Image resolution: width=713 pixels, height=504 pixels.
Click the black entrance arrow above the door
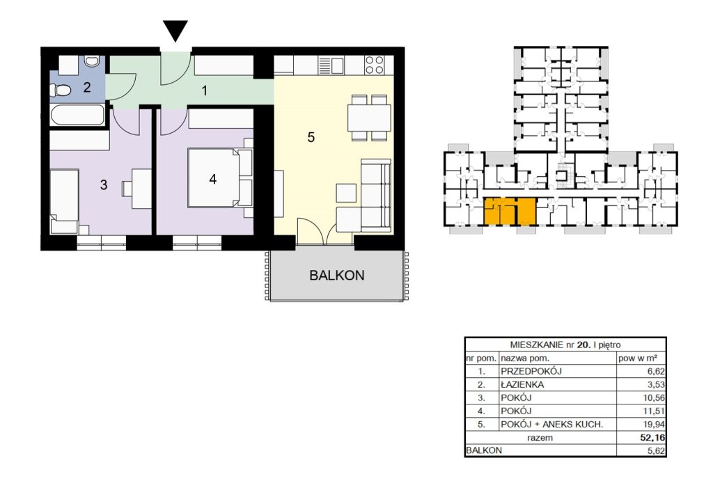coord(175,31)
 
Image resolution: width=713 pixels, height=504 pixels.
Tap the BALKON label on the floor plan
coord(337,276)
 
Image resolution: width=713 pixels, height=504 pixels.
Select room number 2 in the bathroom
coord(87,87)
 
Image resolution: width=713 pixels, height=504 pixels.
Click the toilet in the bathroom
coord(62,91)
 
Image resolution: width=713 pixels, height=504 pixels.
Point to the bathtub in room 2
coord(77,115)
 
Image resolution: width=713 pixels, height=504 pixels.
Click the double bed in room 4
coord(220,178)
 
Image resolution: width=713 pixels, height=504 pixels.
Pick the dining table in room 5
coord(369,118)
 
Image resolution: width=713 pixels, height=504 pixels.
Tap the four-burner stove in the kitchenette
coord(374,64)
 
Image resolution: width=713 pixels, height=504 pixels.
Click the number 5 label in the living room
coord(311,137)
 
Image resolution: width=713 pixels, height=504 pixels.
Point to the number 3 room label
coord(104,184)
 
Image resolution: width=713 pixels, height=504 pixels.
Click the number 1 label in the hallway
coord(205,91)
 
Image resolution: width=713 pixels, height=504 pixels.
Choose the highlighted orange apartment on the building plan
coord(510,212)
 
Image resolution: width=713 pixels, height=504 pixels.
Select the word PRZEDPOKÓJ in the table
coord(531,371)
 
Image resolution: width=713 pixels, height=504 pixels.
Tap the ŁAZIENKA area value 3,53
coord(656,384)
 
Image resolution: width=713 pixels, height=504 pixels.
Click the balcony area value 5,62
coord(656,451)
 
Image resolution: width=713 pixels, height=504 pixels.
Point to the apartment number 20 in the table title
coord(583,345)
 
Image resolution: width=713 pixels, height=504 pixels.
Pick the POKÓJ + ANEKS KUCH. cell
coord(551,425)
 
